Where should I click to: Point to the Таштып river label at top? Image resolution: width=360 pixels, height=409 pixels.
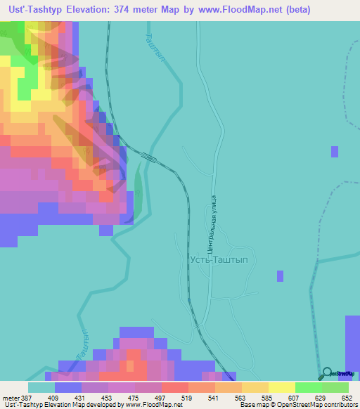(x=157, y=48)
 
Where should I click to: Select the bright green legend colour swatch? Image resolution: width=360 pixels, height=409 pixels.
(x=309, y=387)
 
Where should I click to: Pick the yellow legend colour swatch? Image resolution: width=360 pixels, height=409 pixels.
(x=282, y=387)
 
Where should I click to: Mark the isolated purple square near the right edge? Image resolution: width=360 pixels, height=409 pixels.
(x=335, y=151)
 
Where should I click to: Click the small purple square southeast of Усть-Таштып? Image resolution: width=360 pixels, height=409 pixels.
(x=280, y=276)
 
